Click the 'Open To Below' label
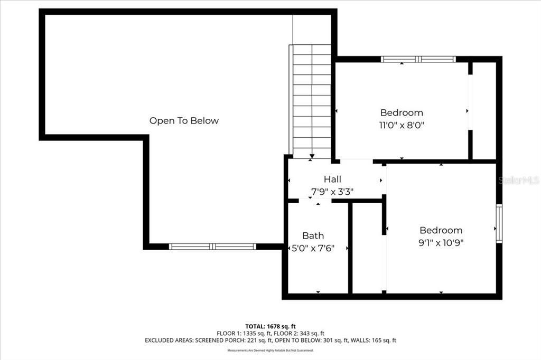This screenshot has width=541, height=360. click(184, 121)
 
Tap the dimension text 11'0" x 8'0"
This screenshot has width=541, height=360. click(402, 126)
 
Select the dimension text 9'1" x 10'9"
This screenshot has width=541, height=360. click(441, 243)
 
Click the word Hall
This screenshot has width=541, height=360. click(332, 179)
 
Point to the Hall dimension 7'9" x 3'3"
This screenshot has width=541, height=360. click(332, 192)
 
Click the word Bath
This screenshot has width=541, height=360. click(313, 236)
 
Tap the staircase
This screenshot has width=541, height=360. click(312, 100)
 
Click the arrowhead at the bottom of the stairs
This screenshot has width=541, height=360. click(312, 156)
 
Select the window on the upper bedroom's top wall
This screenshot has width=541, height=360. click(418, 59)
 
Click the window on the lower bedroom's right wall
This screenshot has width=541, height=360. click(499, 224)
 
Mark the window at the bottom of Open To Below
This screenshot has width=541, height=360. click(212, 247)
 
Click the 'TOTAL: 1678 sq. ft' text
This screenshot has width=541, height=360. click(270, 326)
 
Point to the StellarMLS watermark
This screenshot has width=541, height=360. click(518, 180)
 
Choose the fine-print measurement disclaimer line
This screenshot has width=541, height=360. click(270, 350)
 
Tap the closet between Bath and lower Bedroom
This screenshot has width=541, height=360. click(367, 247)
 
